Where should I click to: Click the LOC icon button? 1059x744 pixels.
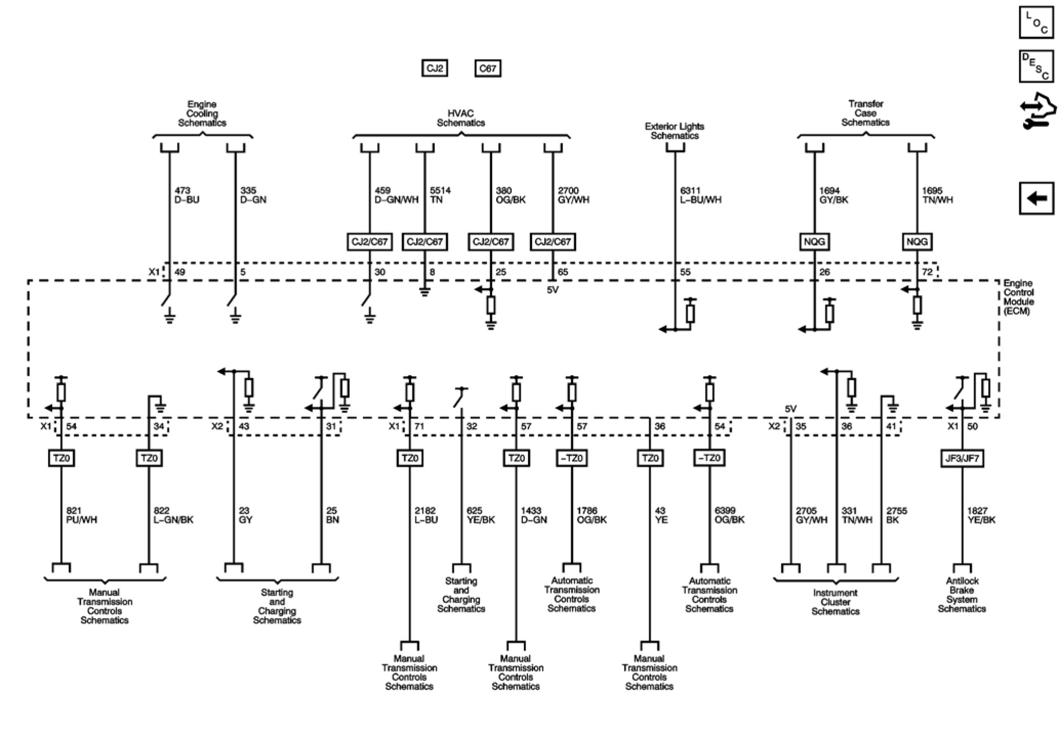coord(1036,23)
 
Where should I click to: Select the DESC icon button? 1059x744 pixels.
coord(1036,66)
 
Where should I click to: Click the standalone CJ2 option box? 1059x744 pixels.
coord(435,68)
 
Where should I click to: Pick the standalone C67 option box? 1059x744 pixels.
coord(488,68)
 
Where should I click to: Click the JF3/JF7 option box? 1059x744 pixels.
coord(962,458)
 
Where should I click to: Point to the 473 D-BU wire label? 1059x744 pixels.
coord(187,195)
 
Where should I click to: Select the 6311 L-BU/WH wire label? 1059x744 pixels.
coord(701,195)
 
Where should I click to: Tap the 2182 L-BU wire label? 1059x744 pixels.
coord(426,515)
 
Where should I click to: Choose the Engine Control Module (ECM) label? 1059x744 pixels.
coord(1018,297)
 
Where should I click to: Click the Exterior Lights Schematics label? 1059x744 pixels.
coord(674,131)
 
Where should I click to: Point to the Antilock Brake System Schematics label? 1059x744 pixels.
coord(962,595)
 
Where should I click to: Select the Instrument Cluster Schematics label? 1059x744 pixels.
coord(835,602)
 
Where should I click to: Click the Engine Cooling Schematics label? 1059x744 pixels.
coord(202,114)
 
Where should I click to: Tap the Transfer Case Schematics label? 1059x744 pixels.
coord(865,113)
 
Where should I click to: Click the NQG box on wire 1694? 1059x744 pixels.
coord(814,242)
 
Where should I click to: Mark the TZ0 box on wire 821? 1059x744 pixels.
coord(61,458)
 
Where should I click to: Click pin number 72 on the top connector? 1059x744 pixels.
coord(927,272)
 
